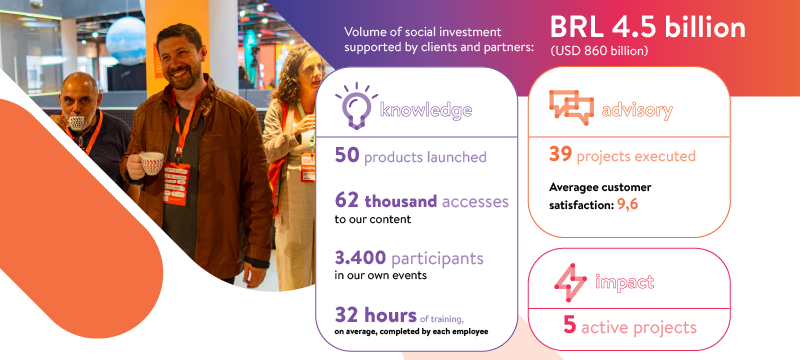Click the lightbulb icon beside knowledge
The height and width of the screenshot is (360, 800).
click(x=356, y=106)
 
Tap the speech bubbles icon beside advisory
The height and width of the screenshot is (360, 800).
click(x=571, y=108)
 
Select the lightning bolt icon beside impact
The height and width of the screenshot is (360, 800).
click(x=570, y=282)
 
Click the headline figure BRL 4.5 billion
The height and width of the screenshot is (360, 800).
click(x=647, y=28)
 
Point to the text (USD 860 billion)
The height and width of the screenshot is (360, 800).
click(x=599, y=51)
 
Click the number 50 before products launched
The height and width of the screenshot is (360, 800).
click(x=347, y=156)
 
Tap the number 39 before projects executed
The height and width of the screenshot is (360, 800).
click(x=560, y=155)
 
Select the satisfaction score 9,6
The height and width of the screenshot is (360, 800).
click(x=628, y=204)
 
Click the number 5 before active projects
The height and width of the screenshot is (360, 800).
click(x=569, y=325)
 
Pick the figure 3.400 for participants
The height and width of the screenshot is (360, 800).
click(x=360, y=258)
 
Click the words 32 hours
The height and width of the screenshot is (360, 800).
click(x=376, y=315)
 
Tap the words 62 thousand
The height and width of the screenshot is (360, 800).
click(x=386, y=201)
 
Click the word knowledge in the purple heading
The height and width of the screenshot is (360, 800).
click(x=426, y=109)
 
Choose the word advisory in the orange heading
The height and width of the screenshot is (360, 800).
click(x=637, y=110)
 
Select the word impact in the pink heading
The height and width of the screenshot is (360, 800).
click(x=624, y=282)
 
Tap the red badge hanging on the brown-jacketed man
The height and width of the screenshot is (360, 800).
click(x=177, y=184)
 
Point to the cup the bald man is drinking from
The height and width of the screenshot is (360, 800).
click(x=77, y=123)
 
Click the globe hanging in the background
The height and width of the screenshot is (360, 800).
click(x=126, y=40)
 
